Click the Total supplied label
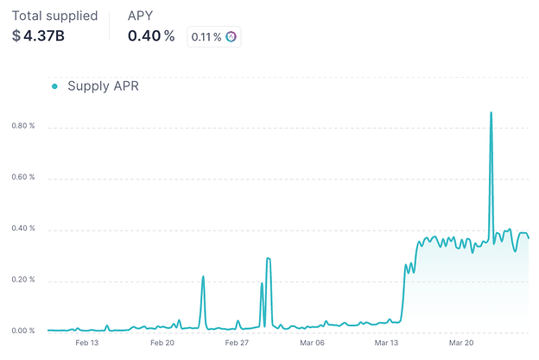point(54,16)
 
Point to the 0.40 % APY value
point(151,36)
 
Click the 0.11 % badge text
point(206,36)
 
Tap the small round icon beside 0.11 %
point(231,36)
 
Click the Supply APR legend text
point(103,86)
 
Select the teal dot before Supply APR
point(54,86)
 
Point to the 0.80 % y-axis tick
point(22,127)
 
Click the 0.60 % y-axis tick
point(22,178)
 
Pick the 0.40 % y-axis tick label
point(22,229)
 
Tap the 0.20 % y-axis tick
point(22,281)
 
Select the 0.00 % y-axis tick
point(22,332)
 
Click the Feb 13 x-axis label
point(87,343)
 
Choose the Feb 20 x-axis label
point(162,343)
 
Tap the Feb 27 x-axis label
point(237,343)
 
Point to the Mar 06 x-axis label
point(312,343)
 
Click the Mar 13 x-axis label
point(387,343)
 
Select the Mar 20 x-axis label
point(462,343)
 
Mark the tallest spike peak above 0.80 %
point(491,112)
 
